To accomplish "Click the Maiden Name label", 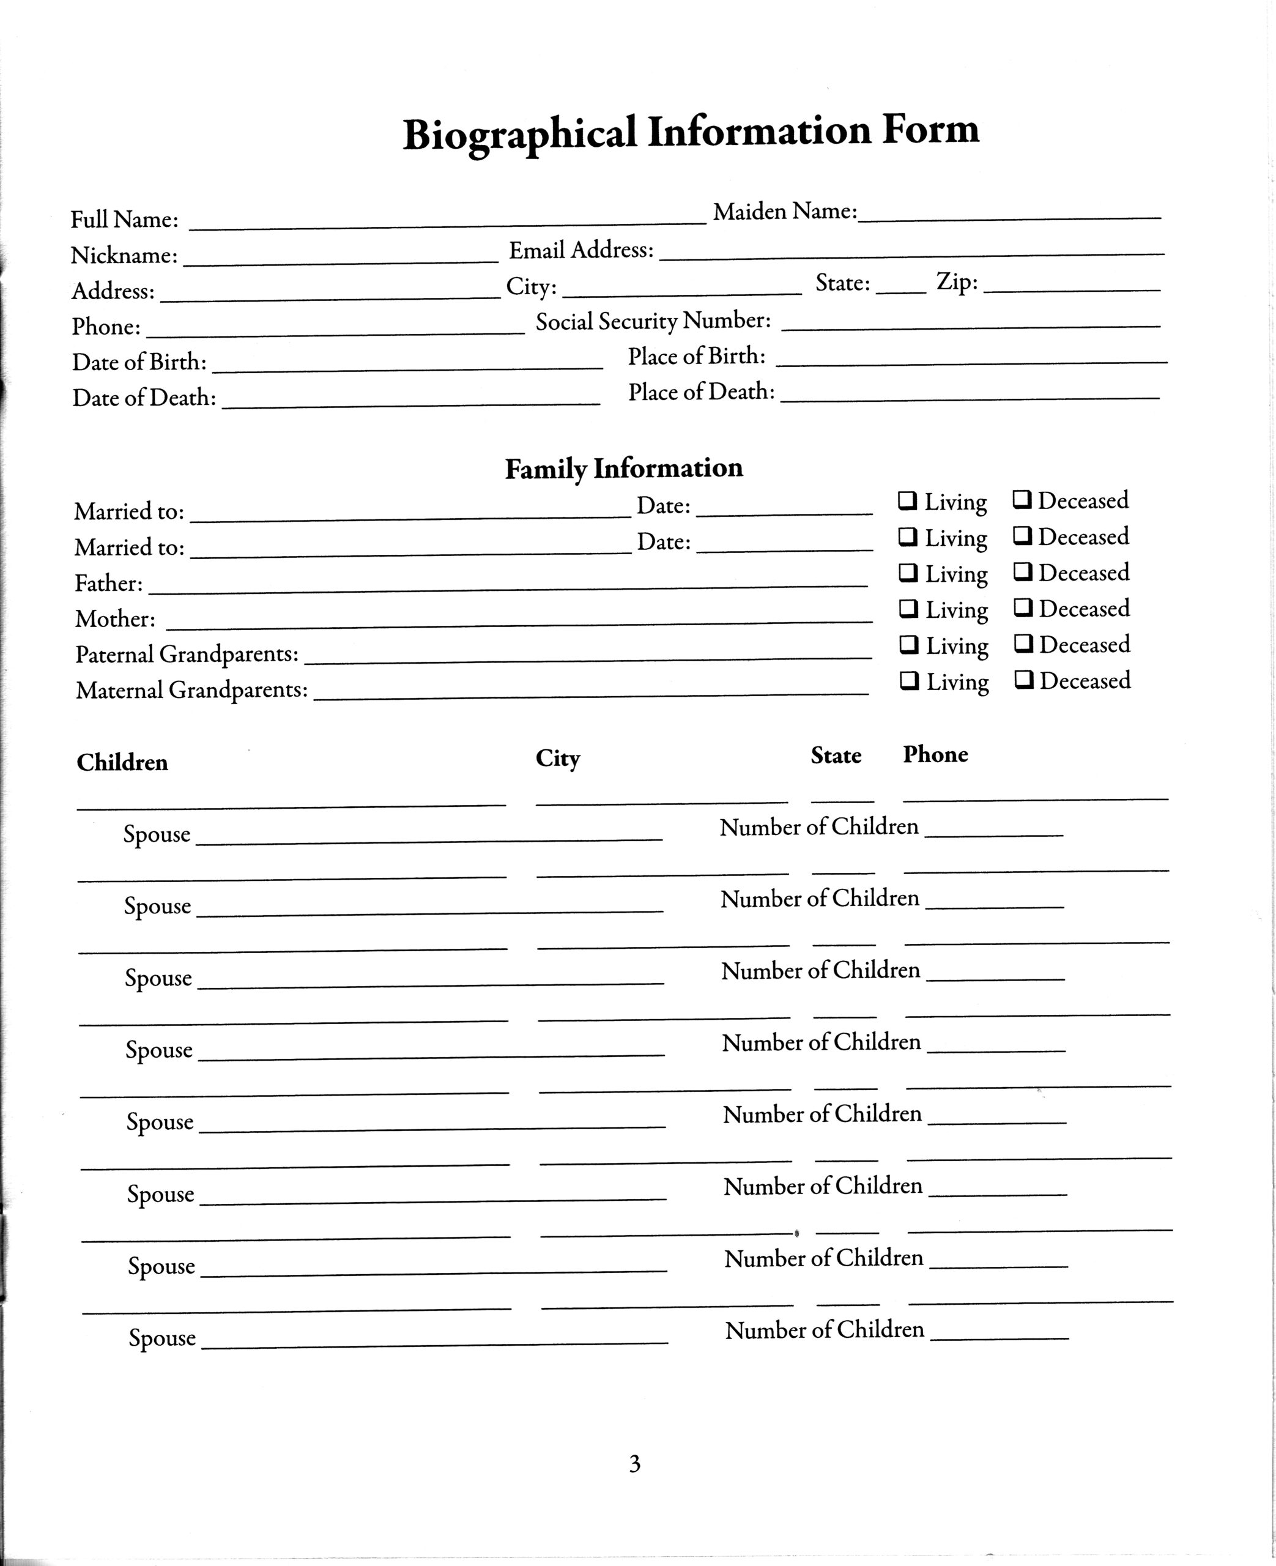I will [x=784, y=212].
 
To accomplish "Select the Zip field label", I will [x=956, y=281].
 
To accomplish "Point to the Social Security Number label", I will [x=653, y=321].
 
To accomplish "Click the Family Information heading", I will [x=623, y=468].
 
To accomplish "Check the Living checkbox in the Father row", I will [x=908, y=573].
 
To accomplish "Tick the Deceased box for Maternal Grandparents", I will [x=1024, y=680].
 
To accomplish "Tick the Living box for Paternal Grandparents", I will [x=909, y=645].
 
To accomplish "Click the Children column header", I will [x=122, y=762].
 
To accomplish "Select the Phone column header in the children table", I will [x=935, y=754].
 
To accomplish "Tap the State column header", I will [x=836, y=755].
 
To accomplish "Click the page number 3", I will [x=634, y=1464].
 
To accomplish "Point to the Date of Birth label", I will [x=139, y=362].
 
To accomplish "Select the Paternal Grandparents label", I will [x=187, y=654].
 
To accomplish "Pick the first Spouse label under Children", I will [x=157, y=834].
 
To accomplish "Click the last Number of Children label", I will [x=824, y=1329].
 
